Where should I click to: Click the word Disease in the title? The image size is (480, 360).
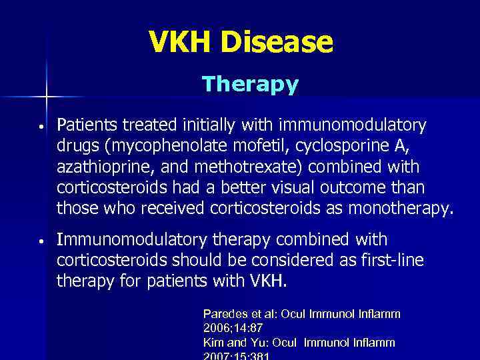tap(277, 43)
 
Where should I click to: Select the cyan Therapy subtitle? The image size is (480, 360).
tap(250, 85)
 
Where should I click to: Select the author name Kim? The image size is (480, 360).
tap(213, 342)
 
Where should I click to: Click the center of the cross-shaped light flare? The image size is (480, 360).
tap(47, 97)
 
